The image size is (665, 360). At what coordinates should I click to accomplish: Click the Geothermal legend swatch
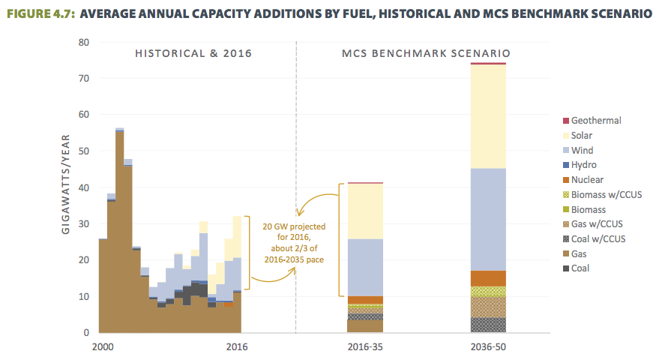566,121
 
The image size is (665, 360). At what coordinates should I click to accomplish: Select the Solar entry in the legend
583,136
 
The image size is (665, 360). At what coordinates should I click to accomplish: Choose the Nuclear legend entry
587,180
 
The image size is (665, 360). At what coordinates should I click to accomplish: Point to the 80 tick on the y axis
84,42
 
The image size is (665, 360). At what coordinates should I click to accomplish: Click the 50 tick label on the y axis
84,151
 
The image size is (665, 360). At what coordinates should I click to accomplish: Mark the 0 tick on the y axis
87,333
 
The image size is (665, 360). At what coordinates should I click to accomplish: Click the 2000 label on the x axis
103,347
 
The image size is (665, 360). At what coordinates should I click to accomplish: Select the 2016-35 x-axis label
362,347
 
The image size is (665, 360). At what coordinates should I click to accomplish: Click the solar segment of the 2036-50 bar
487,116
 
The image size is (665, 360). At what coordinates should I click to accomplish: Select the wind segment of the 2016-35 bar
362,267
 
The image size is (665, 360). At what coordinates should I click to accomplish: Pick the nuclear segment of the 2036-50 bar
487,277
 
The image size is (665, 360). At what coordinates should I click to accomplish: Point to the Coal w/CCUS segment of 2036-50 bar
487,325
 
